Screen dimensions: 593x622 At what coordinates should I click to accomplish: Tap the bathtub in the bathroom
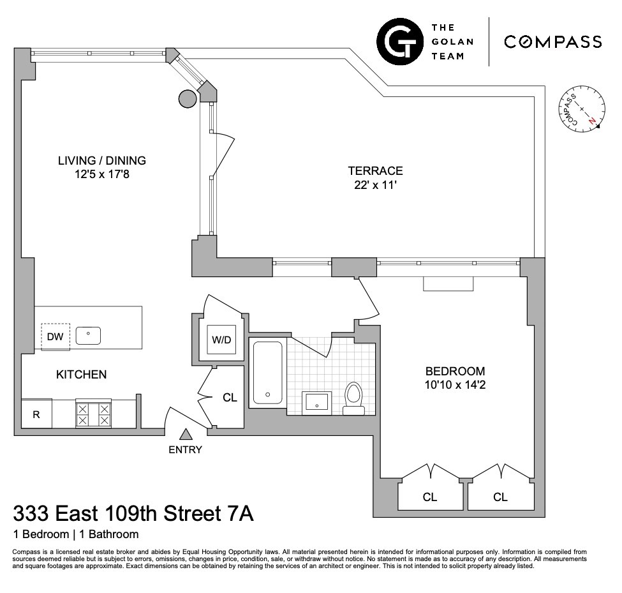pyautogui.click(x=267, y=372)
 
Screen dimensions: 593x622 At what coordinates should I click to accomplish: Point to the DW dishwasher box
pyautogui.click(x=55, y=337)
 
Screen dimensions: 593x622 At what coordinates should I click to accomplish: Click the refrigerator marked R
pyautogui.click(x=36, y=414)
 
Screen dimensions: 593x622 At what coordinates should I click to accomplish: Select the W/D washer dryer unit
pyautogui.click(x=221, y=340)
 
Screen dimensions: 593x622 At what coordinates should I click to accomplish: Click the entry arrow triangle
pyautogui.click(x=186, y=435)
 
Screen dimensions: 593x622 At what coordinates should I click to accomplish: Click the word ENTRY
pyautogui.click(x=185, y=449)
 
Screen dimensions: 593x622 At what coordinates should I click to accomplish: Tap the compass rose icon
pyautogui.click(x=581, y=110)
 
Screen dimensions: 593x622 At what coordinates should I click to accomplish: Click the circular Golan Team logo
pyautogui.click(x=399, y=42)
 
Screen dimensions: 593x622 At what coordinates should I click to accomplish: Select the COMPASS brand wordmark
pyautogui.click(x=552, y=42)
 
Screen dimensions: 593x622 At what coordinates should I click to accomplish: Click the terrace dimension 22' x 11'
pyautogui.click(x=375, y=185)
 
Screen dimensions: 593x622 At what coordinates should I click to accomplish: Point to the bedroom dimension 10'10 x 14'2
pyautogui.click(x=455, y=385)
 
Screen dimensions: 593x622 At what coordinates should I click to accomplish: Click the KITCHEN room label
pyautogui.click(x=81, y=375)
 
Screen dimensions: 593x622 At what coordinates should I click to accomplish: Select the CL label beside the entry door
pyautogui.click(x=230, y=398)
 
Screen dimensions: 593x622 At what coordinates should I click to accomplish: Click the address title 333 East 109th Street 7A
pyautogui.click(x=133, y=513)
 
